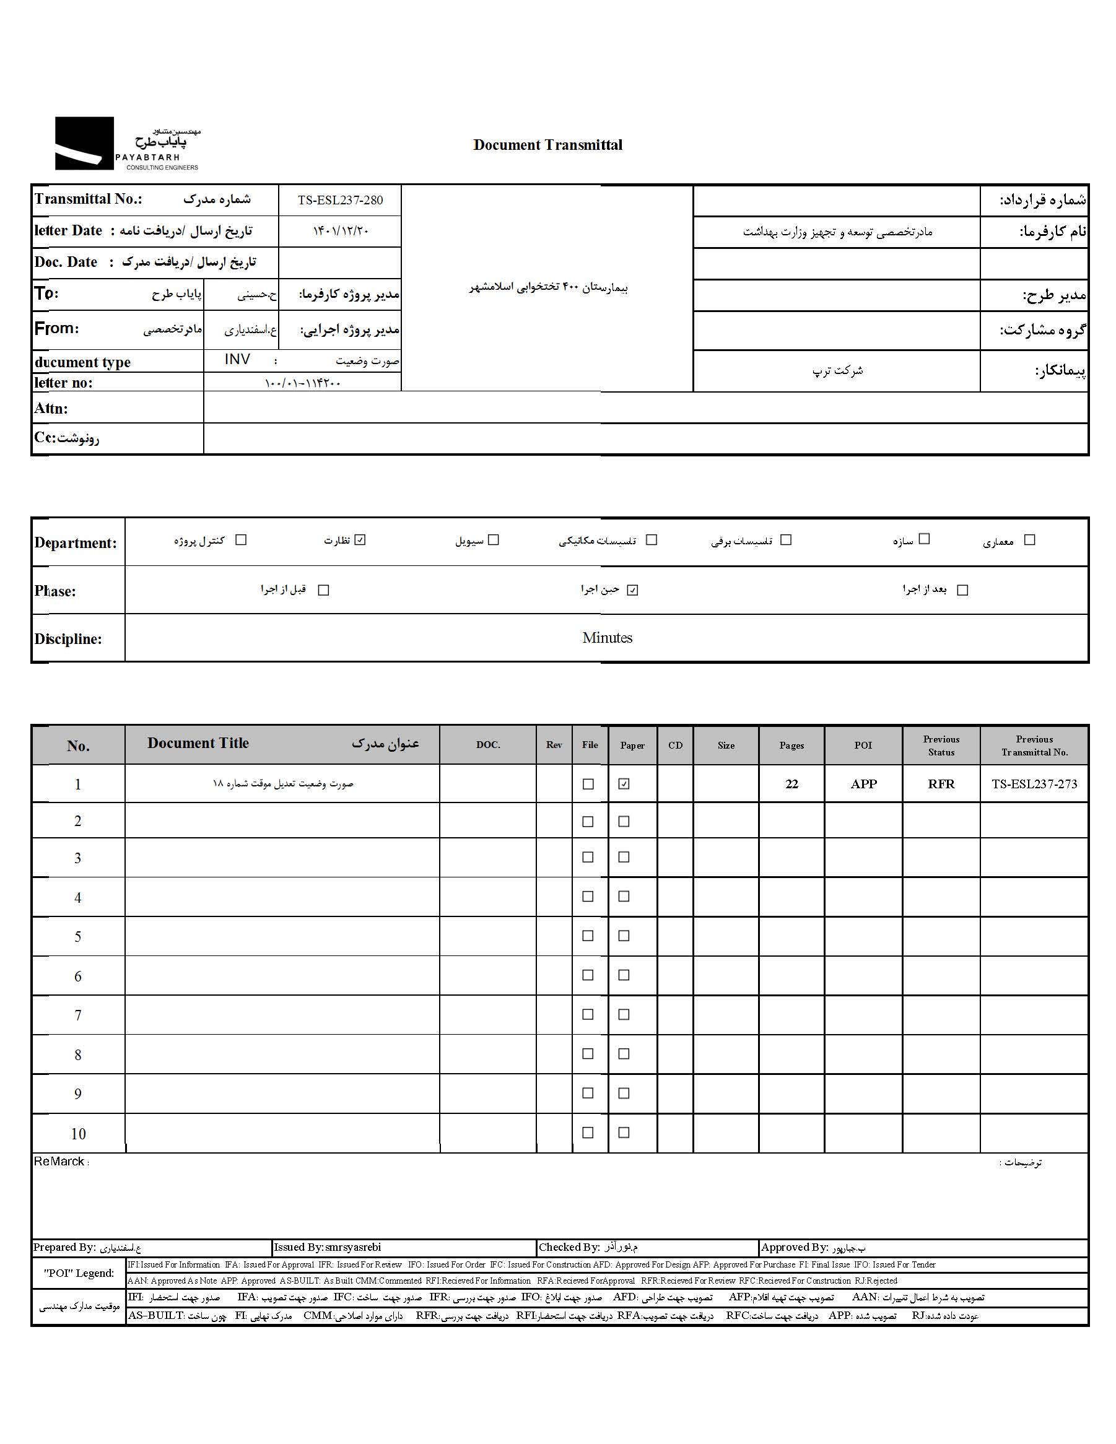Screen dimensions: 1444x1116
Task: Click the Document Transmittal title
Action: click(547, 145)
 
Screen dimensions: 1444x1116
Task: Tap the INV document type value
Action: click(237, 360)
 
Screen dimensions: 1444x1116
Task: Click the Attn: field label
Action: click(51, 409)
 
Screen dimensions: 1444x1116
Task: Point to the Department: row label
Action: click(76, 543)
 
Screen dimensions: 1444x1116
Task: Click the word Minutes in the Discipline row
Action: click(607, 638)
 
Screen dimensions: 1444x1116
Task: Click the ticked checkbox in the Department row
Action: click(360, 540)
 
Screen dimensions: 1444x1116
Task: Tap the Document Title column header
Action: click(198, 743)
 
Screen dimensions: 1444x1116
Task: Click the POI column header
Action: click(863, 745)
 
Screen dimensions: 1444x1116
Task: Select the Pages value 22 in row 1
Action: click(791, 784)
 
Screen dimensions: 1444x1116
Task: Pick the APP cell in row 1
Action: click(863, 784)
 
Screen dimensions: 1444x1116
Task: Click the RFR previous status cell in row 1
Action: click(941, 784)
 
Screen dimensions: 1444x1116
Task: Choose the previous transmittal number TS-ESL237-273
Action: click(1034, 784)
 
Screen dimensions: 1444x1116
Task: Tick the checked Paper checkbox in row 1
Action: click(624, 784)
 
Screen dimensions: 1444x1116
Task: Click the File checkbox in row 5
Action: click(588, 936)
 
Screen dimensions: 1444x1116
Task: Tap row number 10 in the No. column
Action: click(78, 1134)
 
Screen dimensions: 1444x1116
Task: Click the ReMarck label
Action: click(59, 1162)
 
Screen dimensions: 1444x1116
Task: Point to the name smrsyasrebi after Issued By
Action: click(353, 1248)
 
